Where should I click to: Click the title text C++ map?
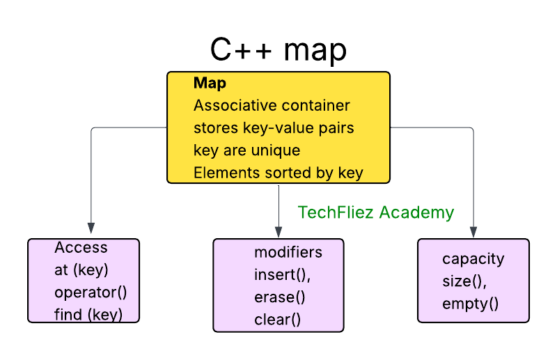pyautogui.click(x=278, y=51)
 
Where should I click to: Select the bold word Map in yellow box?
pyautogui.click(x=210, y=84)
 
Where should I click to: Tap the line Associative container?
pyautogui.click(x=272, y=106)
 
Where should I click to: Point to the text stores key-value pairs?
pyautogui.click(x=274, y=128)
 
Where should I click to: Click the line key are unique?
pyautogui.click(x=246, y=150)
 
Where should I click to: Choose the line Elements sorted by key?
pyautogui.click(x=278, y=173)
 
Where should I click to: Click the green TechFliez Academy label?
pyautogui.click(x=376, y=212)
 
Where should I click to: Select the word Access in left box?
pyautogui.click(x=81, y=248)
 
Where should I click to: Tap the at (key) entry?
pyautogui.click(x=81, y=270)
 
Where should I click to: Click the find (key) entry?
pyautogui.click(x=88, y=315)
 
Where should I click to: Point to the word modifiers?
pyautogui.click(x=288, y=252)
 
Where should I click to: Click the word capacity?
pyautogui.click(x=473, y=259)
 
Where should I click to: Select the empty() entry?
pyautogui.click(x=471, y=304)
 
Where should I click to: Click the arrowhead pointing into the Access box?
pyautogui.click(x=91, y=228)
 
